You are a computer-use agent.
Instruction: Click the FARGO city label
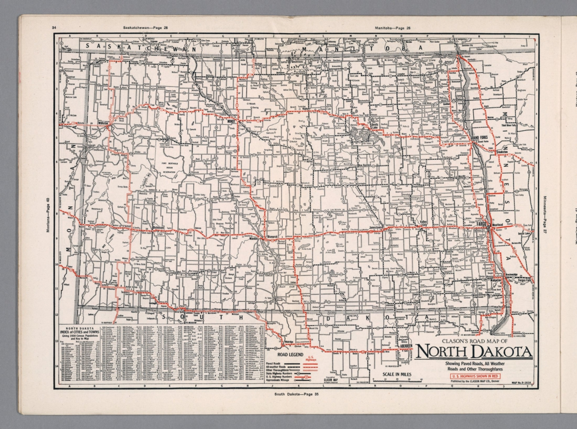482,224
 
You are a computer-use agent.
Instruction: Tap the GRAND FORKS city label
479,138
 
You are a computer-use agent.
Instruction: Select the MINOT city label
231,121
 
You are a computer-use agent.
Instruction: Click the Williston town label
103,123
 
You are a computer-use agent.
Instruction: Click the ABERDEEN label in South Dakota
406,345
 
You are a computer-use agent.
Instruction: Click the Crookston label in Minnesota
501,151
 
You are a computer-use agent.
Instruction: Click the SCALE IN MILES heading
397,374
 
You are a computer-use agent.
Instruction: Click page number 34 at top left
54,27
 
